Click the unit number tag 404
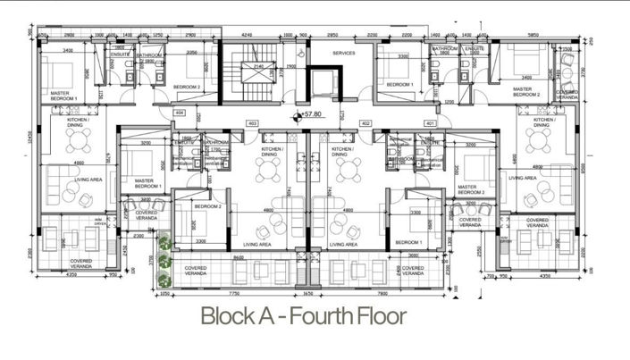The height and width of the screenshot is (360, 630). point(180,113)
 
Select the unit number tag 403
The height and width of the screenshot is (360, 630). point(252,123)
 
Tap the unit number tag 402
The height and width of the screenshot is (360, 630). point(365,123)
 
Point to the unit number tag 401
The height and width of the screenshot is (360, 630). point(431,123)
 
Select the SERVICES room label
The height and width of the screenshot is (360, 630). point(344,53)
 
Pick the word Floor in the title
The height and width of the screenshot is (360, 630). point(382,316)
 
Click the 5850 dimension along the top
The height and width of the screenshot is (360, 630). point(533,36)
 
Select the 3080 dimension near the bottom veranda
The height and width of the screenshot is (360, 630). point(412,255)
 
